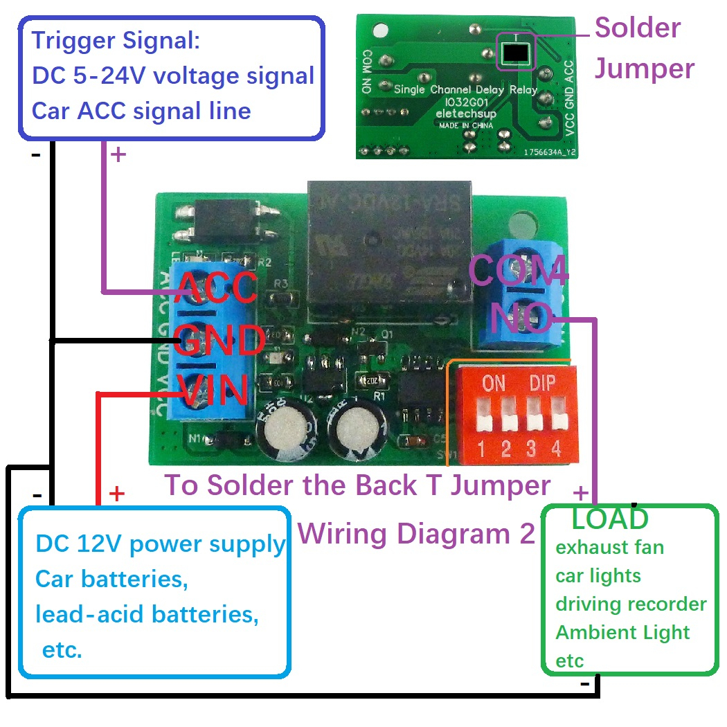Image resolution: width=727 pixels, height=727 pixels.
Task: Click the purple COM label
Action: (518, 271)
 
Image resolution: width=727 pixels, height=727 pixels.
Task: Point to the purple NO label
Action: (521, 318)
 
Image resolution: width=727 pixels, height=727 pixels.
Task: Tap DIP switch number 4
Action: (557, 421)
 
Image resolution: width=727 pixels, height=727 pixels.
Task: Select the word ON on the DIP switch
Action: (494, 384)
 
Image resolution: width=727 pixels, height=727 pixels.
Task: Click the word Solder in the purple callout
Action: (638, 28)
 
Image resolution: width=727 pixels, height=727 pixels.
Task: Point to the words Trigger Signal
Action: (116, 40)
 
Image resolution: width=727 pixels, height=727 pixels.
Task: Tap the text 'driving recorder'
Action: (631, 604)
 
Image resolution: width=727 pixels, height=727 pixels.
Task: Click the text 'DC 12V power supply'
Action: (160, 544)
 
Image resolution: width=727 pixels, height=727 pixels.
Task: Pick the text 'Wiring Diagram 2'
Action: (418, 534)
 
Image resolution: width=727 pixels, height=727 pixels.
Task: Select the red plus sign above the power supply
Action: (117, 494)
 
